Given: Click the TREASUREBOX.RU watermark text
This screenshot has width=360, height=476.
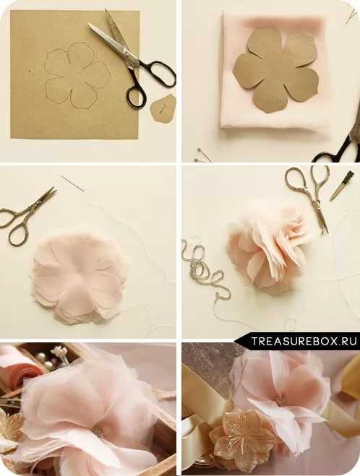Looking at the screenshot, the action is [304, 341].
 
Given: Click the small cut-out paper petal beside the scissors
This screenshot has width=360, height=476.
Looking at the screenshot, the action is [163, 108].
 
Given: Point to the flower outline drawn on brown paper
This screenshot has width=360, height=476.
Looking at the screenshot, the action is [77, 75].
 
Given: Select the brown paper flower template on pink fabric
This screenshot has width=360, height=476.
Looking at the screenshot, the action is [276, 71].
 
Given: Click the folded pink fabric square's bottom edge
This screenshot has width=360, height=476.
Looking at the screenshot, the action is [273, 129].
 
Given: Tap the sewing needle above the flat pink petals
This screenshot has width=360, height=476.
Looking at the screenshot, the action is [72, 183].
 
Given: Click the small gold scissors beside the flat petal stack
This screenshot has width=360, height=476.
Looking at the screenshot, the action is [27, 215].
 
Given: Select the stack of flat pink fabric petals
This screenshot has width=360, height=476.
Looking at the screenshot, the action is [80, 278].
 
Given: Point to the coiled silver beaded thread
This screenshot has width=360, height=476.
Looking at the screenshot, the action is [205, 268].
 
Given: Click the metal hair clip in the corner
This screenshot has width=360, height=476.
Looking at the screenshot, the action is [342, 186].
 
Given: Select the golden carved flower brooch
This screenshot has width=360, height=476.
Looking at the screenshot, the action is [243, 435].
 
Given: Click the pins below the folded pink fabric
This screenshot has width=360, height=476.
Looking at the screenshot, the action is [203, 155].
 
